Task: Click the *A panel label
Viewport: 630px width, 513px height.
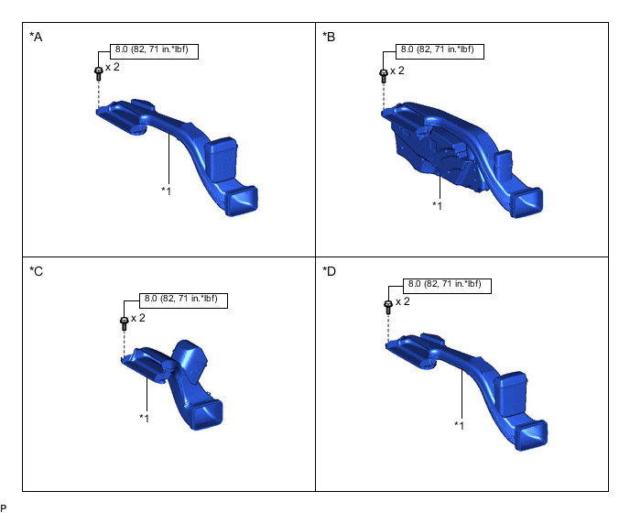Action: [x=36, y=37]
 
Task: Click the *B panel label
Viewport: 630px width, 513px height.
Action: [x=329, y=37]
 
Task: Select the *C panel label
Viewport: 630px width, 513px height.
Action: [x=36, y=272]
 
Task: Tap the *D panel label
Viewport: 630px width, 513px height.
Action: [x=329, y=272]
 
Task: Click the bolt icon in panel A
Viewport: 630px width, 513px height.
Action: [x=99, y=73]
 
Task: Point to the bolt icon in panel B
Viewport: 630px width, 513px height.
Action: [x=384, y=76]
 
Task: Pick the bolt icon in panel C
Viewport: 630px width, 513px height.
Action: [x=125, y=323]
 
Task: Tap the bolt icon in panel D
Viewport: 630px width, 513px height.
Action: [x=388, y=307]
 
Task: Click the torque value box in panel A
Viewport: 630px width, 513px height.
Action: [x=154, y=51]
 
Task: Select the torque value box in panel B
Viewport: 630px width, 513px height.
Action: [x=440, y=51]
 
